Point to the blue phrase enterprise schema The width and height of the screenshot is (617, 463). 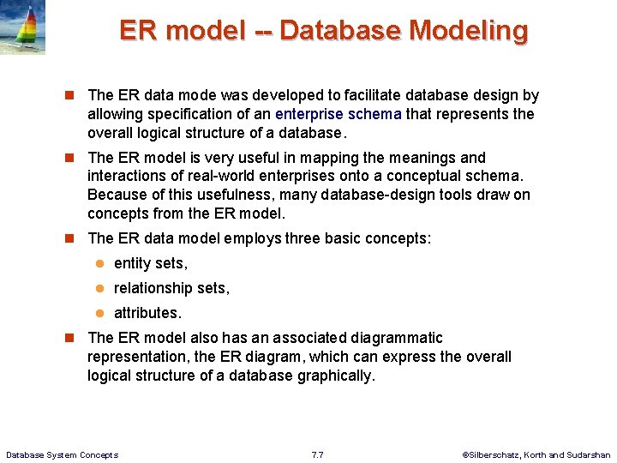coord(338,114)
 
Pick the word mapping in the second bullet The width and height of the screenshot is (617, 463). coord(314,158)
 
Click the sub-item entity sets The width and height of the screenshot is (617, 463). coord(150,263)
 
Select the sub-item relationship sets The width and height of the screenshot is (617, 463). coord(171,288)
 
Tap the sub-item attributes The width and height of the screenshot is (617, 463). coord(147,313)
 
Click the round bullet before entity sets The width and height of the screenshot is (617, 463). coord(99,263)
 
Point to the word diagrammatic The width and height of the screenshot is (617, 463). coord(396,338)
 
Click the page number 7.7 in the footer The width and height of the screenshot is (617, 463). coord(317,454)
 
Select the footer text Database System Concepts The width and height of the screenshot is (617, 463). coord(62,454)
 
